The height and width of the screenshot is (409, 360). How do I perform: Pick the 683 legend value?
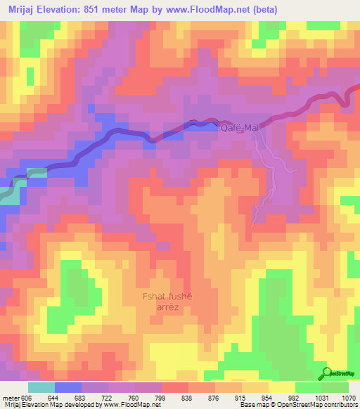pos(82,398)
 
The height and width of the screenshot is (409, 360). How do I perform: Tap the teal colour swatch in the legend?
pos(41,387)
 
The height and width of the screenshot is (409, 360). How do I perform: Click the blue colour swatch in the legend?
pos(68,387)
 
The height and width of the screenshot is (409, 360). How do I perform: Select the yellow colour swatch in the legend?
pos(282,387)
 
